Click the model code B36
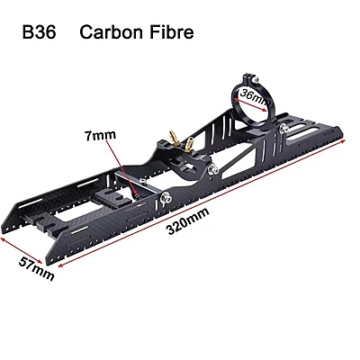(x=40, y=31)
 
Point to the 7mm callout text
(x=100, y=136)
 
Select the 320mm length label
(x=188, y=220)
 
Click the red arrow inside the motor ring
(x=251, y=101)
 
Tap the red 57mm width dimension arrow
(x=21, y=250)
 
